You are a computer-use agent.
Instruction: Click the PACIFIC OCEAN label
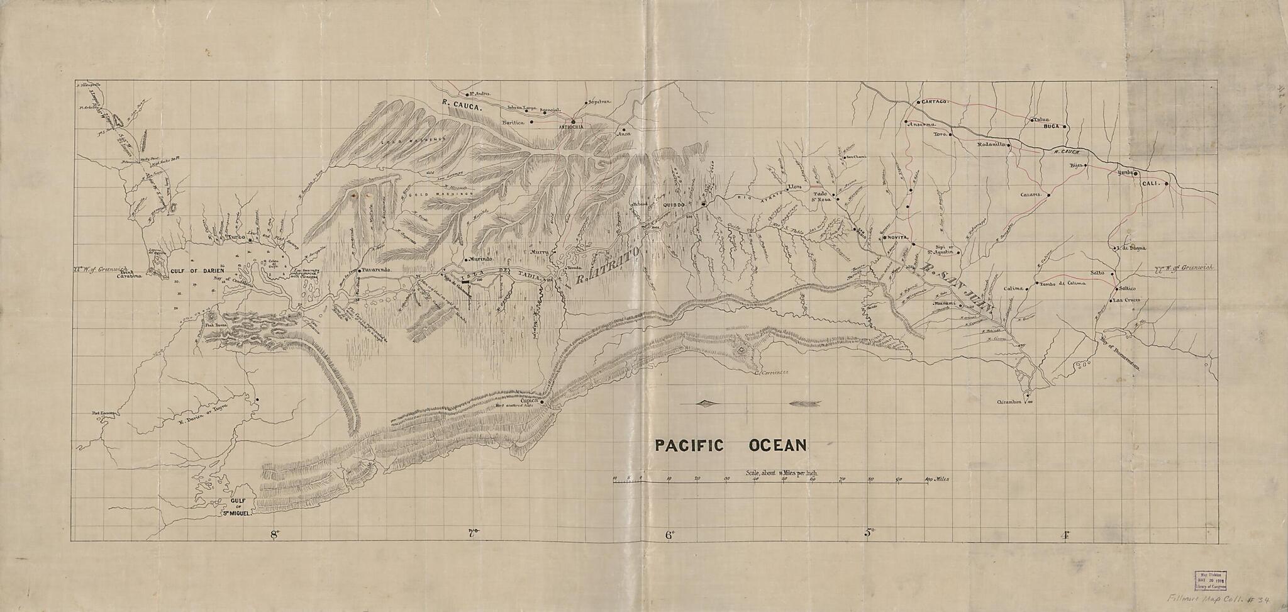point(730,446)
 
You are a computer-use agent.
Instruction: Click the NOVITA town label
point(897,237)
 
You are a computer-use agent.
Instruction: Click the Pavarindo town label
point(377,270)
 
